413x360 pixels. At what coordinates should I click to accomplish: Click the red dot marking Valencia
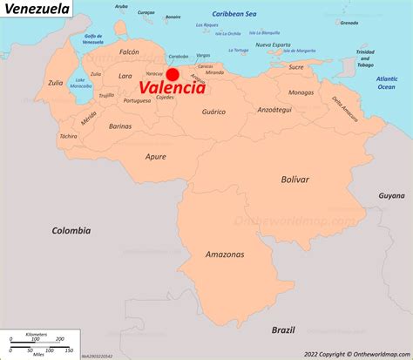point(173,76)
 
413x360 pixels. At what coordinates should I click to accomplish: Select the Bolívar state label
point(295,179)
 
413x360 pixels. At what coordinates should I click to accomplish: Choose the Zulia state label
point(55,84)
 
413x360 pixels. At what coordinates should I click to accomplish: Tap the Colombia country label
point(71,231)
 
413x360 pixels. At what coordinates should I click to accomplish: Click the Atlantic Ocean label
point(386,84)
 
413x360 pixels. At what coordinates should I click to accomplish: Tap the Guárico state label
point(214,112)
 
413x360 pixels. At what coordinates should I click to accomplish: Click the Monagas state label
point(301,92)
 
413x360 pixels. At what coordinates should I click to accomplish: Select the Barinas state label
point(120,126)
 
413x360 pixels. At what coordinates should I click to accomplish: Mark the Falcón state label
point(129,52)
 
